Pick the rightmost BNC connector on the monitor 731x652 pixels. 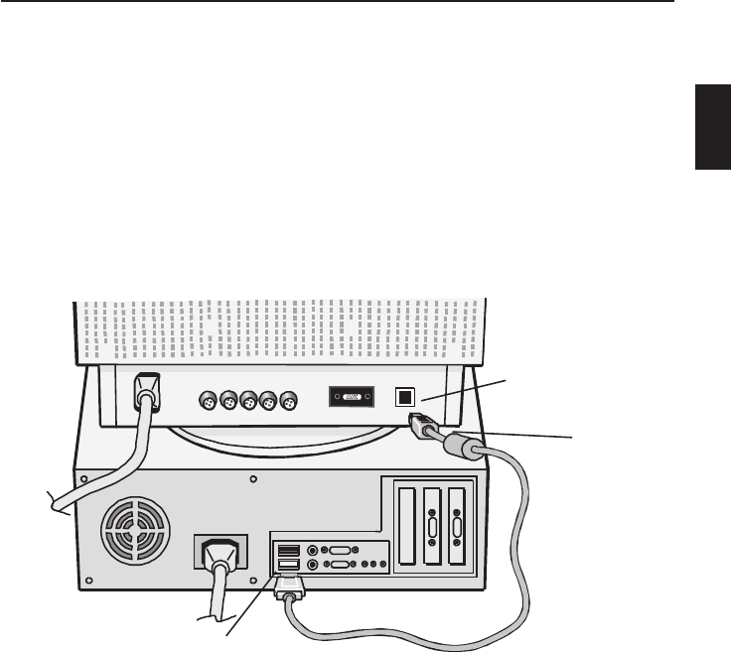click(x=288, y=402)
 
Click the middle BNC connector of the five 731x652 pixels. click(x=248, y=402)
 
